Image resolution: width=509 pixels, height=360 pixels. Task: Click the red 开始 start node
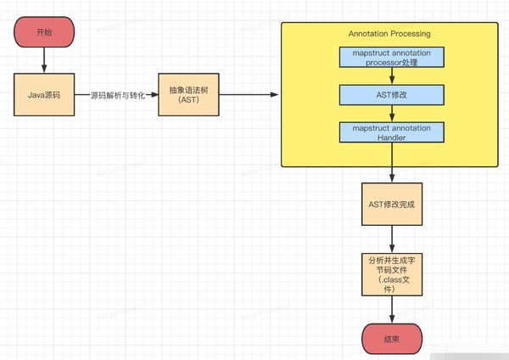tap(43, 31)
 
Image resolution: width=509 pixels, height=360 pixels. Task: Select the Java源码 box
tap(43, 94)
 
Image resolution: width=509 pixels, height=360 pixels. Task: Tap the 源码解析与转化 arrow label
tap(117, 95)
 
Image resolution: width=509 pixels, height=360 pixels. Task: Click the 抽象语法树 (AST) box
tap(187, 94)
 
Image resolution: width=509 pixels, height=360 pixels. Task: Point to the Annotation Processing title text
tap(389, 34)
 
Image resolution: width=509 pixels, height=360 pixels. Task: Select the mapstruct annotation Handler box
tap(389, 132)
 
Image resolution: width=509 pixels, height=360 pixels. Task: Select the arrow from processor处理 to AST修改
tap(389, 76)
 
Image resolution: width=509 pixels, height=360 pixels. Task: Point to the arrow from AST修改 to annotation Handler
tap(389, 114)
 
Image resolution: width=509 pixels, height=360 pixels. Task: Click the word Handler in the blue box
tap(389, 138)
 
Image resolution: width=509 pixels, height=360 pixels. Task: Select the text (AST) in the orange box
tap(187, 100)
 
